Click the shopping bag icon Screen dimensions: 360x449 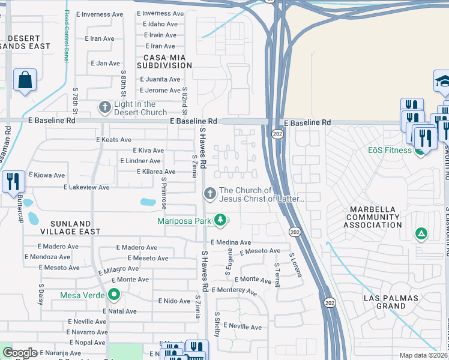click(25, 80)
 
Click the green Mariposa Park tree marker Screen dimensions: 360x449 click(221, 221)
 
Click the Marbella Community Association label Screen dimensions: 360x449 click(373, 217)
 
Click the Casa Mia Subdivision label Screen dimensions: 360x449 click(164, 61)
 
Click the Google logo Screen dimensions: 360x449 click(20, 352)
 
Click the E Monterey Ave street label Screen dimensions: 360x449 click(233, 290)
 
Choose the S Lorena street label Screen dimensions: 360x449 click(295, 265)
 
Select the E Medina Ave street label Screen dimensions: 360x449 click(231, 242)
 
